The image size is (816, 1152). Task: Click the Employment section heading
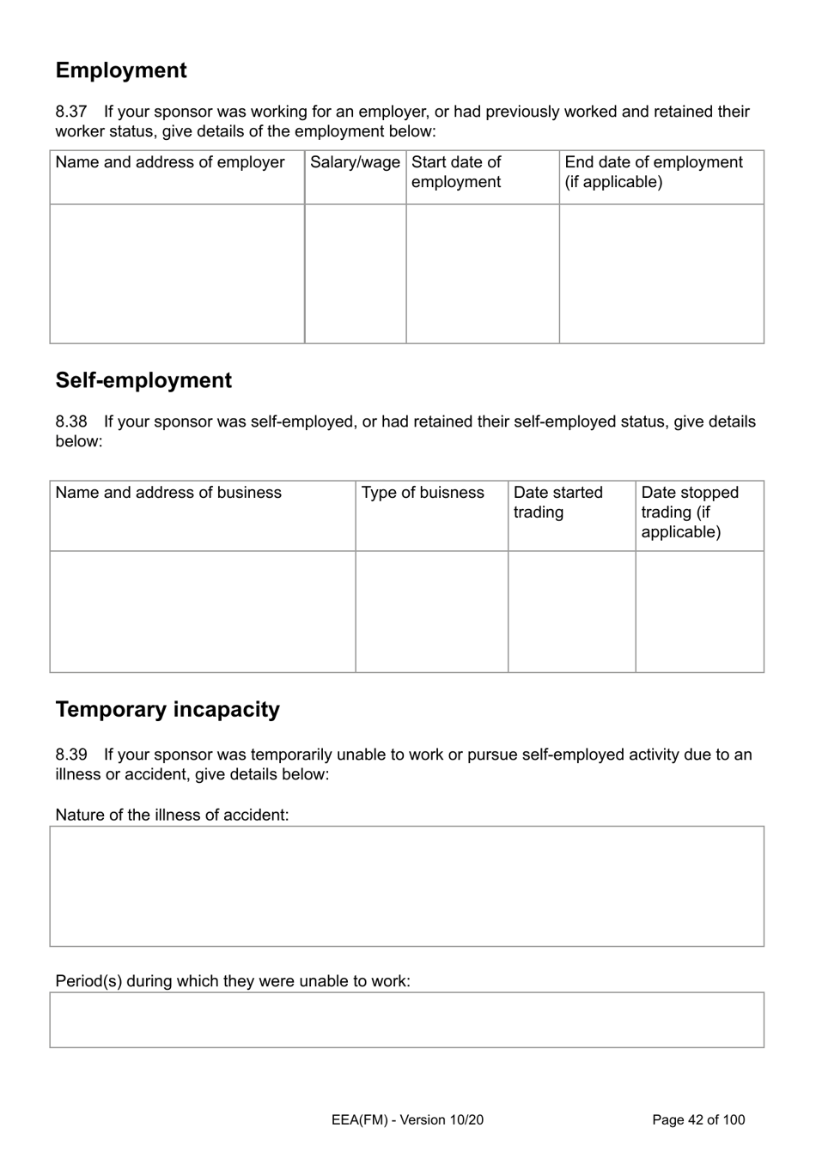click(121, 70)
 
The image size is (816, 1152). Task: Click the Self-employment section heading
click(143, 380)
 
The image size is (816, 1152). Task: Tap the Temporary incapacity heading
click(167, 709)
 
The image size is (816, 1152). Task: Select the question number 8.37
click(71, 112)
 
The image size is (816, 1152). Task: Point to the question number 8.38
click(71, 421)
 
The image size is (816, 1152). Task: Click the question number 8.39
click(71, 755)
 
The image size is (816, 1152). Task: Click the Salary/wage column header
click(355, 162)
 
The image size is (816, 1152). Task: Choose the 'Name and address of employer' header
click(170, 162)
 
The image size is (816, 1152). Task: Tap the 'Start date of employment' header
click(456, 172)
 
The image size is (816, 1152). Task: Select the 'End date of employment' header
click(653, 172)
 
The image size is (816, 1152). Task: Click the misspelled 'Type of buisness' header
click(423, 493)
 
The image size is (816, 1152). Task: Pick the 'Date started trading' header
click(557, 502)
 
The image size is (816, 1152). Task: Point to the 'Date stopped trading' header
click(689, 512)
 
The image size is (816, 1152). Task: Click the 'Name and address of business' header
click(168, 493)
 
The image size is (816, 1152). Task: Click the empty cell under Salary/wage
click(355, 274)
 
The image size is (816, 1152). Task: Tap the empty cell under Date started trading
click(571, 611)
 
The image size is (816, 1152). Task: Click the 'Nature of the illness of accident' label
click(172, 815)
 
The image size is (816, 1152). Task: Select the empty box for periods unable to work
click(406, 1020)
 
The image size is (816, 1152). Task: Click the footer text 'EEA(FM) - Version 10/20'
click(407, 1119)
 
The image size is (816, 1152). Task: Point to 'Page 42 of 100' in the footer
click(698, 1119)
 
